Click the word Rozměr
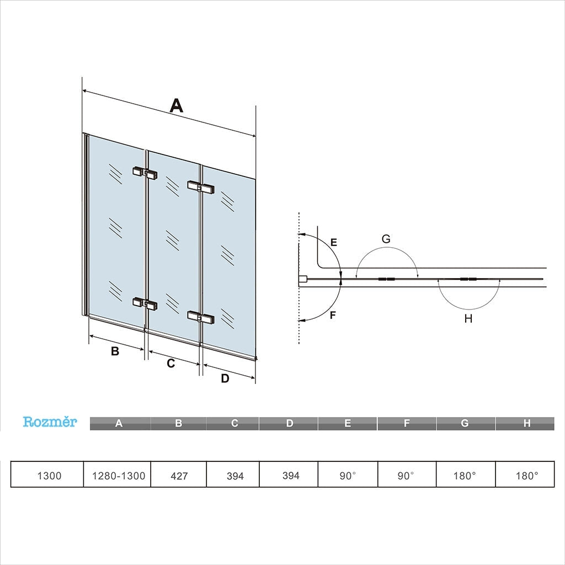click(x=50, y=422)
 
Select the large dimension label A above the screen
click(x=176, y=105)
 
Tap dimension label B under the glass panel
click(x=115, y=351)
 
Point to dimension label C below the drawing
click(x=170, y=363)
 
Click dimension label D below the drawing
click(x=225, y=379)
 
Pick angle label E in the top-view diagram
click(x=333, y=242)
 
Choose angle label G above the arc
click(x=386, y=239)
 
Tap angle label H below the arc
click(x=468, y=318)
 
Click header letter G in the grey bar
click(x=465, y=423)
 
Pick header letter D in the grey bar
click(x=290, y=423)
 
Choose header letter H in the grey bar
click(x=526, y=423)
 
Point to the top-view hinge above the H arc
click(x=468, y=280)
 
